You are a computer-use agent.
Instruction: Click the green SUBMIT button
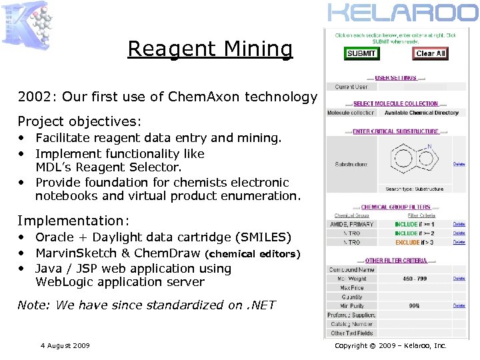tap(361, 53)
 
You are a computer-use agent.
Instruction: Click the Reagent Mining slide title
tap(210, 49)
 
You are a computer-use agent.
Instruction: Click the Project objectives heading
tap(79, 121)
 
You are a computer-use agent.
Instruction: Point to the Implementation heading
tap(73, 221)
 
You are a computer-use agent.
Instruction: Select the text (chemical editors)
tap(253, 254)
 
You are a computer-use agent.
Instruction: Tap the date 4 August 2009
tap(65, 345)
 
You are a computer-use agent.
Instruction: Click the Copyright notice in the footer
tap(391, 345)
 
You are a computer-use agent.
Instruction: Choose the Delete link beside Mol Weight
tap(459, 279)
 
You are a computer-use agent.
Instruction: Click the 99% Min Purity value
tap(414, 305)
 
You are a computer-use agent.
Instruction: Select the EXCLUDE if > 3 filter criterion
tap(414, 243)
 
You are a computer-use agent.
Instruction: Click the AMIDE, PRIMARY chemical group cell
tap(351, 225)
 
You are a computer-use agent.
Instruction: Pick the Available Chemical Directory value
tap(421, 113)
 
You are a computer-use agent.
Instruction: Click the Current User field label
tap(351, 87)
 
